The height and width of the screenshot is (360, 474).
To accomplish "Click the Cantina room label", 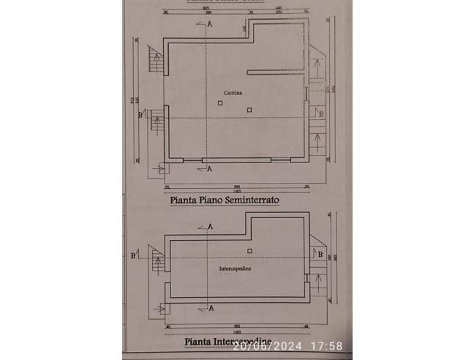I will (235, 94).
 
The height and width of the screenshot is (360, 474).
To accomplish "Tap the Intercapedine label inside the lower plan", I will (235, 269).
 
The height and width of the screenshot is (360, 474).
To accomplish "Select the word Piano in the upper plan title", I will (212, 198).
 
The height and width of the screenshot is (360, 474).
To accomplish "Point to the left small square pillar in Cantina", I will (220, 103).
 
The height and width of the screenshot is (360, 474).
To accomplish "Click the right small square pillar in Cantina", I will (249, 110).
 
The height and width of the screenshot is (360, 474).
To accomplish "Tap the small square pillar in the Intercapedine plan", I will (249, 251).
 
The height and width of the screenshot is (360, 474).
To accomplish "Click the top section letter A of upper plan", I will (211, 24).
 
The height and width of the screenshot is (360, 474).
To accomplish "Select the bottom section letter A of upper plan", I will (210, 169).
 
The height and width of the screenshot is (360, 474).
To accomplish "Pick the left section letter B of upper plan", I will (140, 114).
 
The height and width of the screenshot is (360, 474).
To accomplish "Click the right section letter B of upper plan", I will (320, 113).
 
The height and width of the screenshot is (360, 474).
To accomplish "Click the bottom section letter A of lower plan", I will (211, 308).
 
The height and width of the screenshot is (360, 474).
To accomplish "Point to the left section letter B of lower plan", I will (132, 255).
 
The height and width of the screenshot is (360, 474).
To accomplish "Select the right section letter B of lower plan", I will (320, 254).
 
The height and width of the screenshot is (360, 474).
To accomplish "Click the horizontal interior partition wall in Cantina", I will (276, 71).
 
